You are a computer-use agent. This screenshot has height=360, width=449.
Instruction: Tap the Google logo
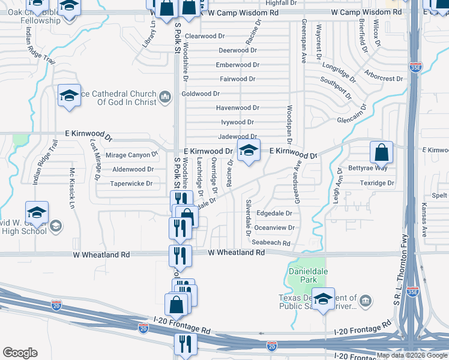[20, 353]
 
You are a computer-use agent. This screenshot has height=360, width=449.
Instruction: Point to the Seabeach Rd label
[271, 243]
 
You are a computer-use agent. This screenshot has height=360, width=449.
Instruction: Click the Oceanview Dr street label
[275, 228]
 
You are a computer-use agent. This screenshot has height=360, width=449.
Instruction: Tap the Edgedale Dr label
[274, 213]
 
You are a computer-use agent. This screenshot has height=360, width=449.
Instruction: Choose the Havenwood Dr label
[238, 108]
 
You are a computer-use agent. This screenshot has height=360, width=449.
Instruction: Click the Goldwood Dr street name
[201, 94]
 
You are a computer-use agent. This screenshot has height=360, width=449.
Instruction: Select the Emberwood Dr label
[238, 65]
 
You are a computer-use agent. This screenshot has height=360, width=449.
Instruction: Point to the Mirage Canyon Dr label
[131, 155]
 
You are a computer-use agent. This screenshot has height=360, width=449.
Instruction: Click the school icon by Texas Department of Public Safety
[324, 300]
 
